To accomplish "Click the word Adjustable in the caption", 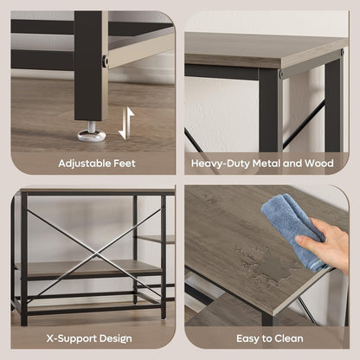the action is coord(84,164).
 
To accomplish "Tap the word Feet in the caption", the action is coord(125,164).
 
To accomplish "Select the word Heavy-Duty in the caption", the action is coord(220,164).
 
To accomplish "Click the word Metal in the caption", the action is coord(267,164).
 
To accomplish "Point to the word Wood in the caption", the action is coord(319,164).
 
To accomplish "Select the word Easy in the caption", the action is coord(247,338).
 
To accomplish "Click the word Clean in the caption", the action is coord(289,338).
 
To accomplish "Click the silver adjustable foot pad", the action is coord(92,135).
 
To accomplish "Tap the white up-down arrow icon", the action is coord(126,123).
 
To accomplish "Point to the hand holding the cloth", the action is coord(326,241).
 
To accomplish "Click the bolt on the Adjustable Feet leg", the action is coord(106,61).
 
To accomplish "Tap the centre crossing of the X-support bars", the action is coord(95,254).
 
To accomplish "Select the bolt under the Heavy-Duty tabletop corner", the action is coord(280,74).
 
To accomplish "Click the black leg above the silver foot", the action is coord(88,66).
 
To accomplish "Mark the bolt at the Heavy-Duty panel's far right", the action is coord(343,53).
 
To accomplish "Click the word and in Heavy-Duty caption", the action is coord(292,164).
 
